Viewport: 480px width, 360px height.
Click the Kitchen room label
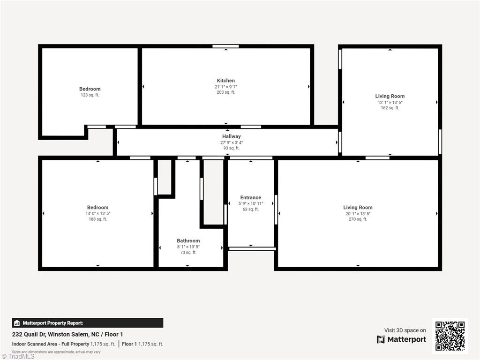click(x=225, y=81)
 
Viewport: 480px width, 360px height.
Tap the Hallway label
click(x=232, y=136)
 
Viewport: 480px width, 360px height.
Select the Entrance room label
click(x=250, y=198)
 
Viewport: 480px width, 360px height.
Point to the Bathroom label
click(x=188, y=241)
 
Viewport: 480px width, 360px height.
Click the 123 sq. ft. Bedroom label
click(x=90, y=89)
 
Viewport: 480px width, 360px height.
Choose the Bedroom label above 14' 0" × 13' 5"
click(x=97, y=208)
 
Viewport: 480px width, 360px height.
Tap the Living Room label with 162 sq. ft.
click(x=390, y=97)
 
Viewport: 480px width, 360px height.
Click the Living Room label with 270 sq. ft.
click(x=358, y=208)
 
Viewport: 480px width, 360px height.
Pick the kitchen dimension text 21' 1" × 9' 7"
click(x=225, y=87)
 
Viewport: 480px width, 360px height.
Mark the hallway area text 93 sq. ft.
click(x=232, y=148)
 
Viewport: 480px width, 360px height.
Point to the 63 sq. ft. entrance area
click(x=250, y=210)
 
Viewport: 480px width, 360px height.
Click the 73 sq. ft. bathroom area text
click(x=188, y=253)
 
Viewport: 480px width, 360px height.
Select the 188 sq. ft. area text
click(x=97, y=219)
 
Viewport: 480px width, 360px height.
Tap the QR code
click(x=450, y=336)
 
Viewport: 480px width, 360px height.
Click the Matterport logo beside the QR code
click(x=401, y=339)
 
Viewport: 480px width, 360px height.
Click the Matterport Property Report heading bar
click(x=88, y=323)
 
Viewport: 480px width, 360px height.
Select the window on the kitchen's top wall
click(x=225, y=46)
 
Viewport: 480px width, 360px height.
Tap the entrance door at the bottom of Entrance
click(x=252, y=248)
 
